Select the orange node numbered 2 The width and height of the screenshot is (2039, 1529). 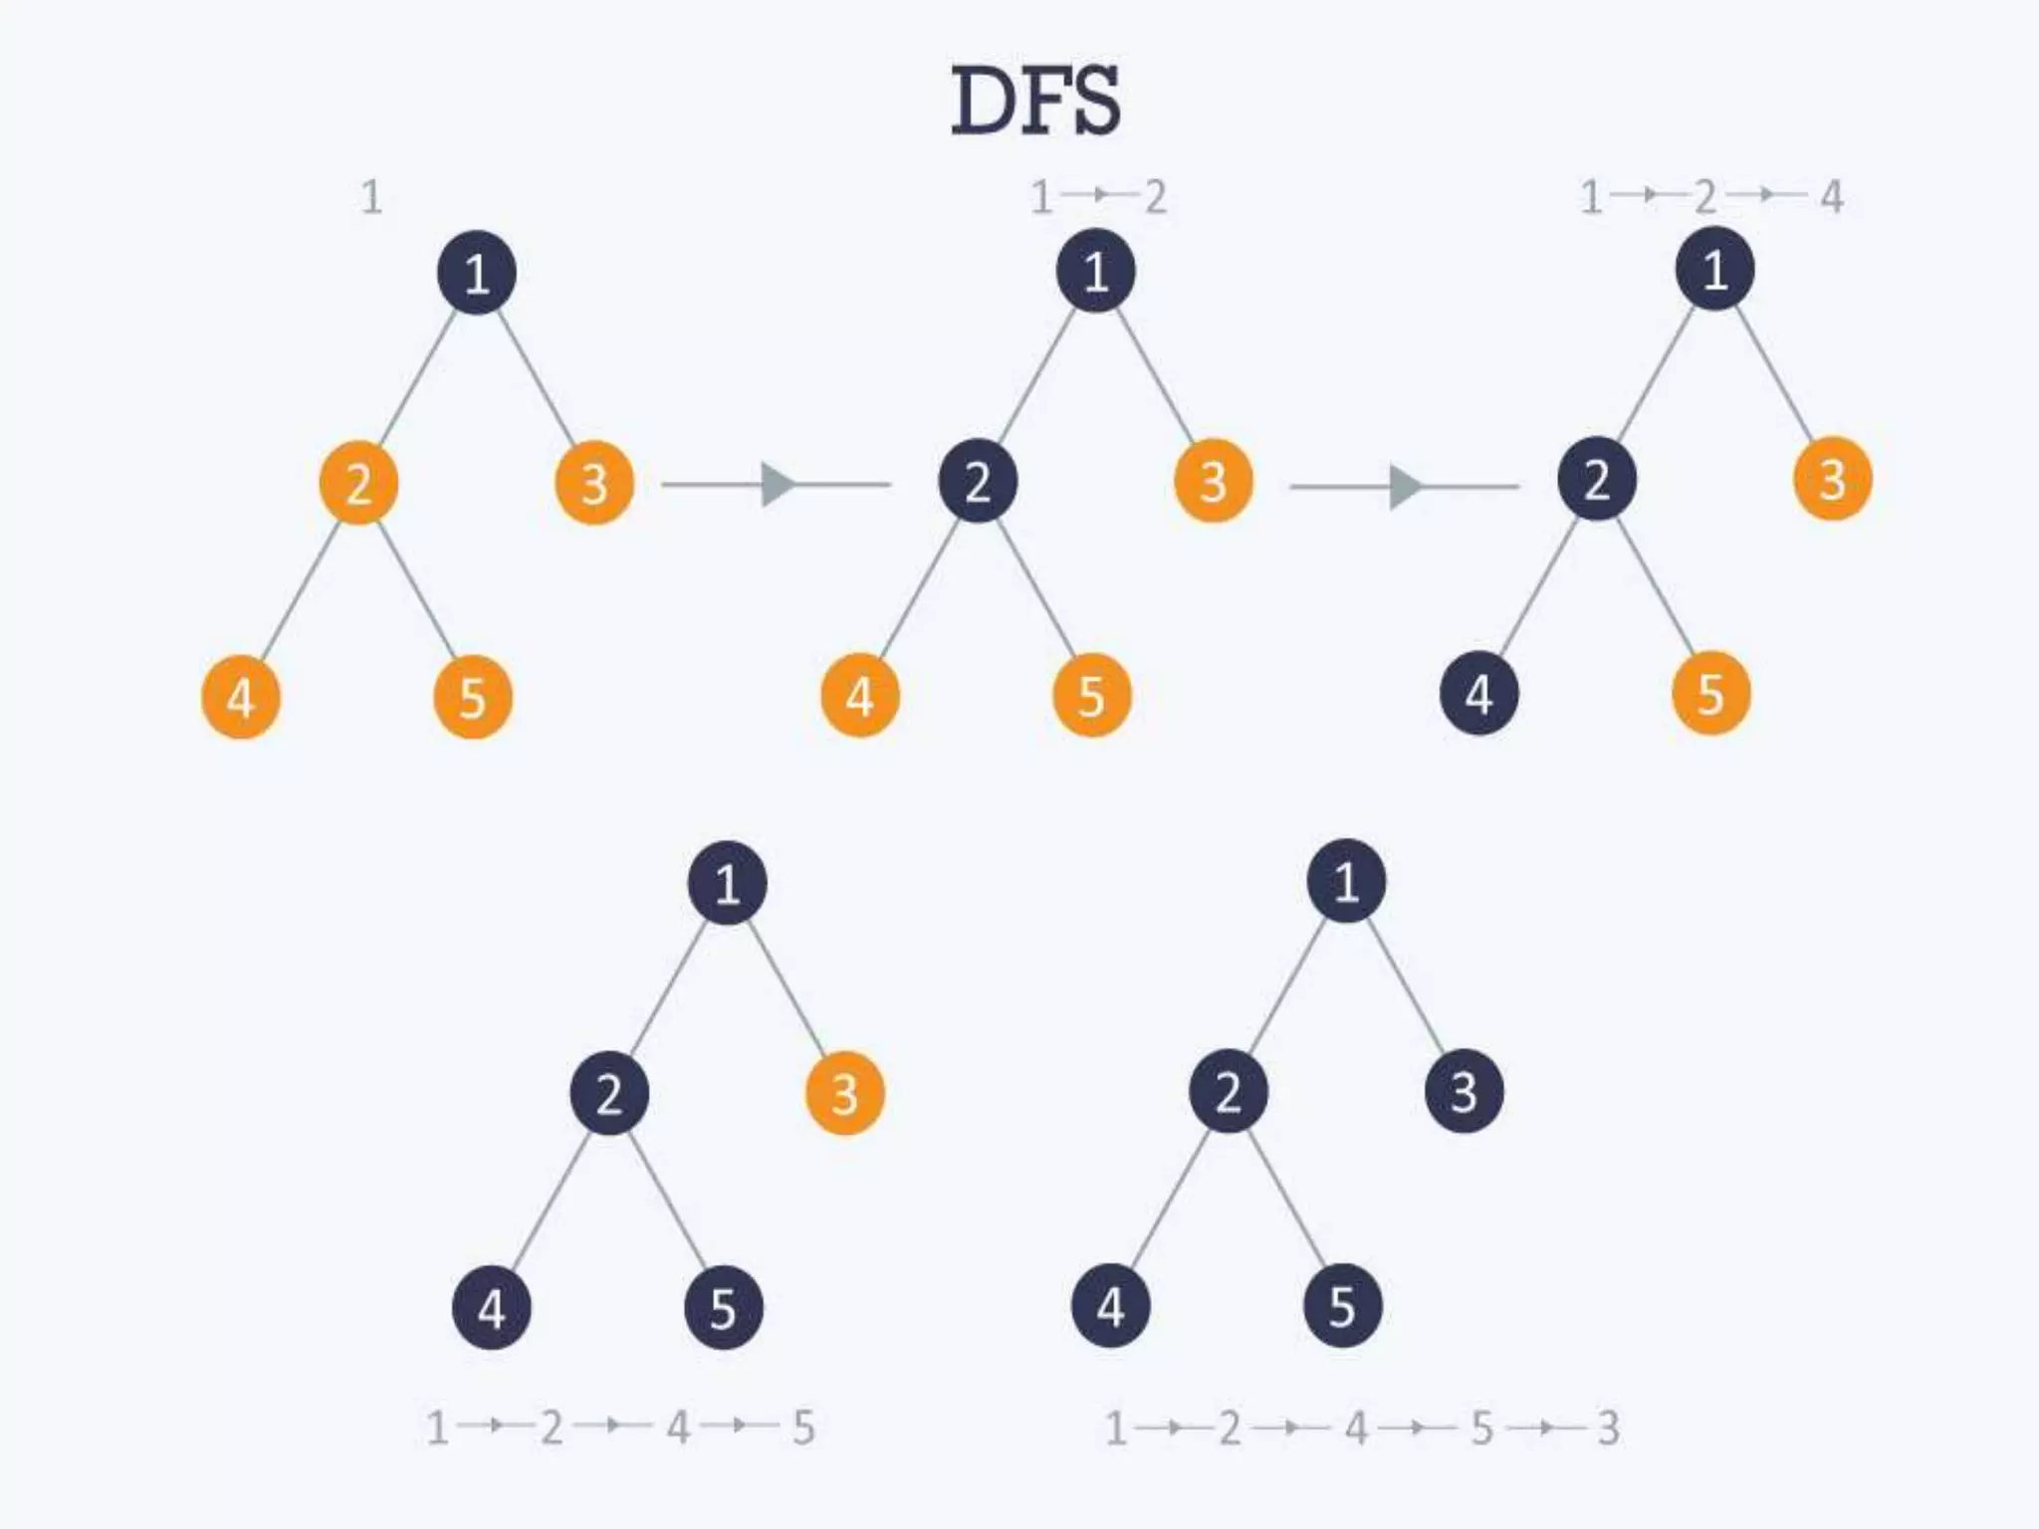click(358, 484)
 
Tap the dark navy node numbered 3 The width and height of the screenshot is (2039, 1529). click(1464, 1092)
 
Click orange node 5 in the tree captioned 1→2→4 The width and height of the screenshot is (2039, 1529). click(1710, 694)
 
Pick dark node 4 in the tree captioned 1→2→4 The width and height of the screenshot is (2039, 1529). click(1478, 694)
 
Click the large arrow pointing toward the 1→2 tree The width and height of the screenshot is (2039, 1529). click(777, 485)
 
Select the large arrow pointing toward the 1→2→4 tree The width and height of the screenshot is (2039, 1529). click(1404, 487)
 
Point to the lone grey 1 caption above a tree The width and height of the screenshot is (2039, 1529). click(371, 197)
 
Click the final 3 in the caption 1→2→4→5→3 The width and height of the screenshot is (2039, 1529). click(1608, 1428)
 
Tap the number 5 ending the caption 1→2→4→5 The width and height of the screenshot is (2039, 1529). click(803, 1428)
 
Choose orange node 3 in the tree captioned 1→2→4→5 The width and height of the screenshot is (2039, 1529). click(844, 1094)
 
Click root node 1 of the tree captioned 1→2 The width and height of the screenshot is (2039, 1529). click(1095, 271)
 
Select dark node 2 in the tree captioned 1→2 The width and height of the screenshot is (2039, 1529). click(978, 483)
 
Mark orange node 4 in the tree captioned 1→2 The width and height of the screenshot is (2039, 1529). click(860, 696)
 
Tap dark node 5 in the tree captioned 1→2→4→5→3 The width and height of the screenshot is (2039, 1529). click(1342, 1306)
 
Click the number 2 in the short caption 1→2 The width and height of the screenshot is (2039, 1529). click(1155, 197)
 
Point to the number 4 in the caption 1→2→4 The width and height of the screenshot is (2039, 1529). click(1832, 197)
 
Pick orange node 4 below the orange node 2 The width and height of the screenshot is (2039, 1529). click(241, 697)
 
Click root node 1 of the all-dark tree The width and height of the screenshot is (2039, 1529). click(1346, 881)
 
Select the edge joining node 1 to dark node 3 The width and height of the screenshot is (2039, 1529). click(1405, 985)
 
